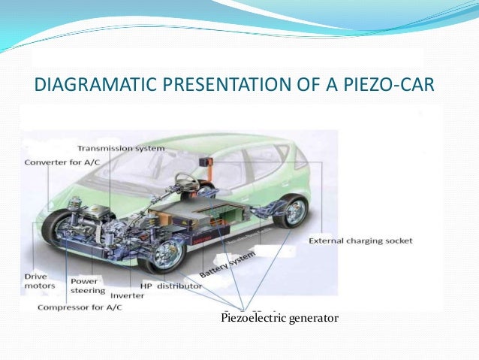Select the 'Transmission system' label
pos(131,148)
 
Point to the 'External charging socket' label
pos(360,241)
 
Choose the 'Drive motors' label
pos(41,281)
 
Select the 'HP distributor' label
pos(171,286)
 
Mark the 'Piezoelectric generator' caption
pos(279,319)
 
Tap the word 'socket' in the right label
pos(398,241)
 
